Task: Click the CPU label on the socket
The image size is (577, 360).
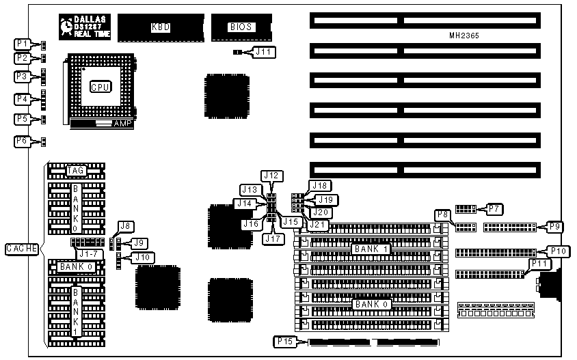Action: [100, 87]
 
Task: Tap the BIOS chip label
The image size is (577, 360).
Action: [242, 27]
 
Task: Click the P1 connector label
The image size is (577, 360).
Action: [23, 44]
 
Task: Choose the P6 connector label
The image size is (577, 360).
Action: [23, 141]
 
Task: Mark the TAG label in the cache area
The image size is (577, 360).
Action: [75, 170]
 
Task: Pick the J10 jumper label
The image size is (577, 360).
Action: [144, 258]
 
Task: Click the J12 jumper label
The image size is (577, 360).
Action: [272, 176]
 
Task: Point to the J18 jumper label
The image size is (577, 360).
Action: [320, 185]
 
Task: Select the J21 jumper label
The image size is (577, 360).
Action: [317, 223]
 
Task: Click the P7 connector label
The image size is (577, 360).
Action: [494, 208]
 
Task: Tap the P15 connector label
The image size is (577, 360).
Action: [284, 340]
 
